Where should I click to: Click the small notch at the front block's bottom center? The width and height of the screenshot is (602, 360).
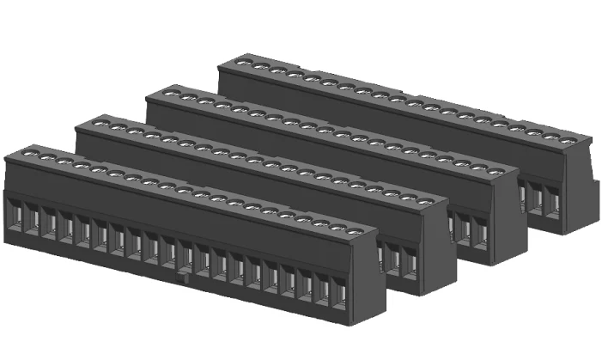pyautogui.click(x=180, y=278)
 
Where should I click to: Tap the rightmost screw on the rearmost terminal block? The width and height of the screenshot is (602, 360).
pyautogui.click(x=569, y=139)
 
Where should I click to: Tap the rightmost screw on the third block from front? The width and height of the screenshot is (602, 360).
pyautogui.click(x=496, y=170)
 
